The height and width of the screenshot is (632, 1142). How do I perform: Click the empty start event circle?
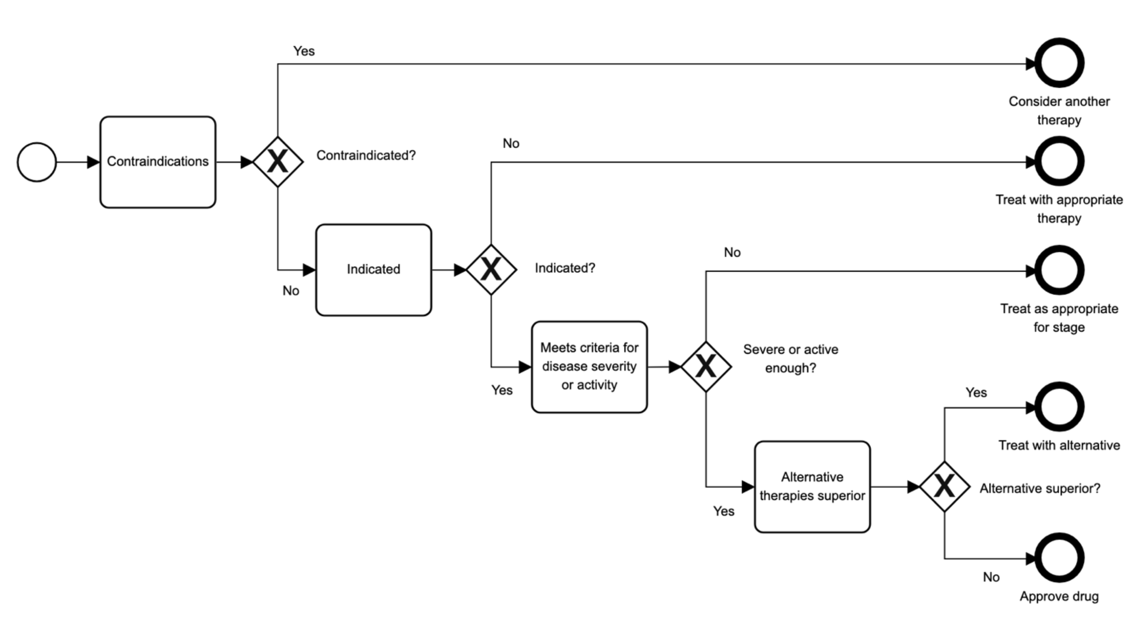pos(37,162)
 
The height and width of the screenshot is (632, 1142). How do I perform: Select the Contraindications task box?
pos(158,162)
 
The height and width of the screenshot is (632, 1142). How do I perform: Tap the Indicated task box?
pos(373,269)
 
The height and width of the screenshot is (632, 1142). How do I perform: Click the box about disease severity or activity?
pos(589,367)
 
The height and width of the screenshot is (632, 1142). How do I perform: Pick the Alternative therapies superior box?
pos(812,487)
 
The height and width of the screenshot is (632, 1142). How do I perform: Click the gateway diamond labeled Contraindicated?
pos(278,162)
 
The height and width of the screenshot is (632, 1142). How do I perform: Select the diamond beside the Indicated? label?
pos(491,269)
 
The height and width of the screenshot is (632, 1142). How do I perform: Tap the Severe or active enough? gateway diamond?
pos(706,367)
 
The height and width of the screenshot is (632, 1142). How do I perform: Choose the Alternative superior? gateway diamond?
pos(944,487)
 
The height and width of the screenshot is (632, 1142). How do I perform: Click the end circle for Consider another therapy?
pos(1059,63)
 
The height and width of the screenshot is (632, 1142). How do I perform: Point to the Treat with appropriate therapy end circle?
pos(1059,161)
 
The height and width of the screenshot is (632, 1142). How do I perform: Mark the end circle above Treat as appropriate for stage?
pos(1059,271)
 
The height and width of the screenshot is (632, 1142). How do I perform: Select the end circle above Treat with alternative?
pos(1059,407)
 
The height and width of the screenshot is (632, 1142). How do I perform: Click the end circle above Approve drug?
pos(1059,558)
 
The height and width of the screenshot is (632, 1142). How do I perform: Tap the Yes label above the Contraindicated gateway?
pos(304,52)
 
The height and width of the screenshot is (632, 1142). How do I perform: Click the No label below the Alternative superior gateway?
pos(991,577)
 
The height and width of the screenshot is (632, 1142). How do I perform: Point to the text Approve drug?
pos(1059,597)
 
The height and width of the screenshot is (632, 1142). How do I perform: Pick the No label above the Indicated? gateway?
pos(511,144)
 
